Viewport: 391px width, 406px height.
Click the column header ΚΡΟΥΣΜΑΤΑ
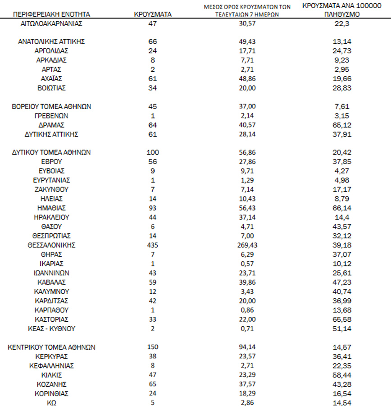(x=153, y=14)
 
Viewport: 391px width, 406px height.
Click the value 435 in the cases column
(x=153, y=245)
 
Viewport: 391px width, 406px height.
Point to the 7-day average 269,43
(x=247, y=245)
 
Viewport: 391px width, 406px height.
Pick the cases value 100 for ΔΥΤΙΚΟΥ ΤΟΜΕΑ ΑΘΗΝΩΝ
(x=153, y=152)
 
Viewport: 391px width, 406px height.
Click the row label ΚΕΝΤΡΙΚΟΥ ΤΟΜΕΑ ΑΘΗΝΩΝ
(x=51, y=347)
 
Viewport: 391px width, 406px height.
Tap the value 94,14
(x=247, y=347)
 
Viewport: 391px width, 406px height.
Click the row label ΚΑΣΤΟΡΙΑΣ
(x=51, y=319)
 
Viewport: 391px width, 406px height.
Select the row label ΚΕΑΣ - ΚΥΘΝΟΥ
(x=51, y=328)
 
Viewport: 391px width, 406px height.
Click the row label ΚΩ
(x=51, y=402)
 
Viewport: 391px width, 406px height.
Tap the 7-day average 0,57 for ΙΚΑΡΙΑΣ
(x=247, y=264)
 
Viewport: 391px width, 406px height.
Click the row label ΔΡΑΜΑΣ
(x=51, y=125)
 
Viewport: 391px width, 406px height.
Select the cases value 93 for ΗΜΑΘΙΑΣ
(x=153, y=208)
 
